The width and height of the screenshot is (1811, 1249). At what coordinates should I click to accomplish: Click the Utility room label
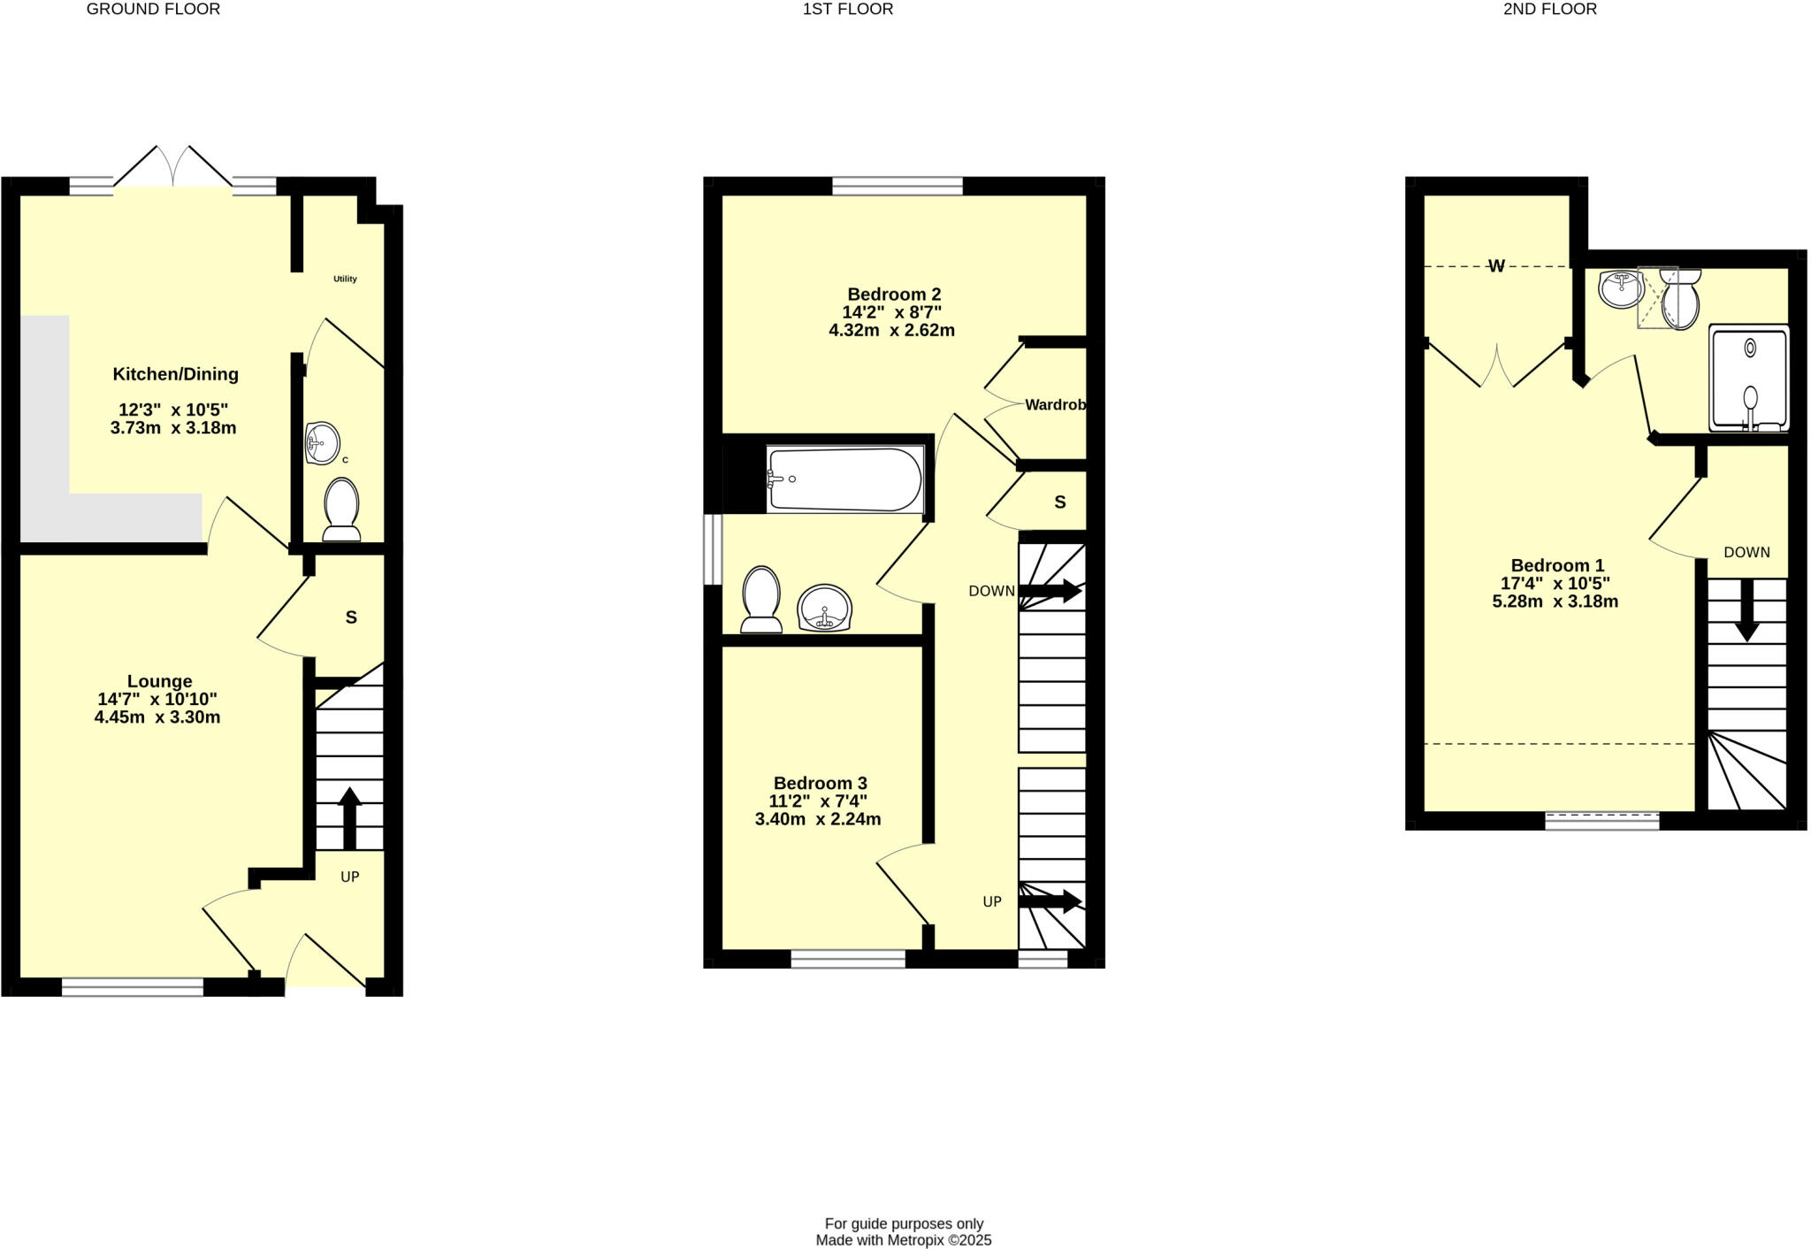345,279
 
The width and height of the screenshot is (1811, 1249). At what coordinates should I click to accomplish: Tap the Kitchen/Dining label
175,374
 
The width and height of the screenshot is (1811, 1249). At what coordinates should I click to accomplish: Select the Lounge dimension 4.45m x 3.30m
157,717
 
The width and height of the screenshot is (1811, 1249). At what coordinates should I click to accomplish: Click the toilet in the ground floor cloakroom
341,509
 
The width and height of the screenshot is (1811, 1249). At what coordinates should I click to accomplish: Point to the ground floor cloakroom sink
322,442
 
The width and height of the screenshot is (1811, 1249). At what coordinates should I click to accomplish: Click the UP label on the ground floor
350,877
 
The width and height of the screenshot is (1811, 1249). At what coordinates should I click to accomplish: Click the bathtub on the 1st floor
844,479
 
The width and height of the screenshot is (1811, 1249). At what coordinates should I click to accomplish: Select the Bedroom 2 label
894,295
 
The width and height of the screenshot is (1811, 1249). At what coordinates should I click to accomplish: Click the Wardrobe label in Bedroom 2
1055,405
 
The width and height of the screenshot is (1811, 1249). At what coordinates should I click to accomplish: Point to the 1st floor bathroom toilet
761,599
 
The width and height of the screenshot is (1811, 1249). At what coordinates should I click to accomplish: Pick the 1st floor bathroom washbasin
826,609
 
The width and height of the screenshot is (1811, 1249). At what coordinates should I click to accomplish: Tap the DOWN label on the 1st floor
991,591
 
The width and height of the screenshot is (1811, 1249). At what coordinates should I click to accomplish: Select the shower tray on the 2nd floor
1749,378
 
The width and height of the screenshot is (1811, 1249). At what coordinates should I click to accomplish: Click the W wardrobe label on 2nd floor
1496,266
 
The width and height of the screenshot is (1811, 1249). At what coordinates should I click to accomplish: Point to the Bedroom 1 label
1557,565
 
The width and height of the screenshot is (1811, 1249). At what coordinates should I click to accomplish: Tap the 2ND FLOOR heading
1550,10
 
